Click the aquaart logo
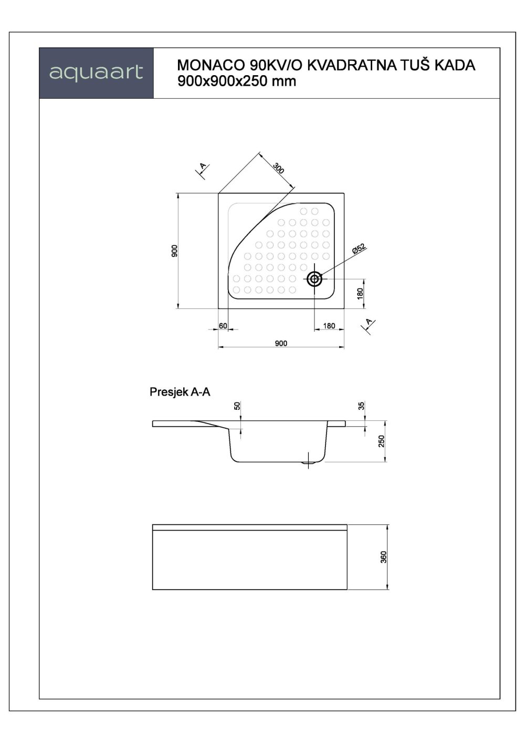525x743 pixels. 96,73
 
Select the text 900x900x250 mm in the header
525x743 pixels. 237,81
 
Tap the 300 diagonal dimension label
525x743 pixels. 279,168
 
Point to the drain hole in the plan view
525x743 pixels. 314,279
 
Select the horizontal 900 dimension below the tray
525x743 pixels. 281,343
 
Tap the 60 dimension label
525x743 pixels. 223,326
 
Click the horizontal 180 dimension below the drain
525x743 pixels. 329,326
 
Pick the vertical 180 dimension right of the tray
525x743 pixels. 360,293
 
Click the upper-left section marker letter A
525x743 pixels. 203,167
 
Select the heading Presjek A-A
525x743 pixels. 180,392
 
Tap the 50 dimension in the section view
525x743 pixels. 237,406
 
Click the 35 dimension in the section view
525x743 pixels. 361,406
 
